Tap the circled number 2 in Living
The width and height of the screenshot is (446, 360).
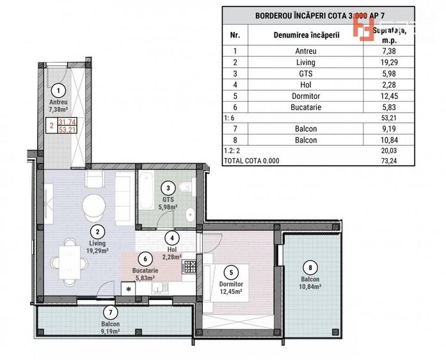97,232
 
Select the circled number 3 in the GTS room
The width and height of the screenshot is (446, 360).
167,188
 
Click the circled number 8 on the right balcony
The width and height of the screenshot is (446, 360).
311,268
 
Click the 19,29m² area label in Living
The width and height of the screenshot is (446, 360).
97,251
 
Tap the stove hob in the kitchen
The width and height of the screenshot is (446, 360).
189,267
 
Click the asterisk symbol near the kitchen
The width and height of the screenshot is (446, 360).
129,290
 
